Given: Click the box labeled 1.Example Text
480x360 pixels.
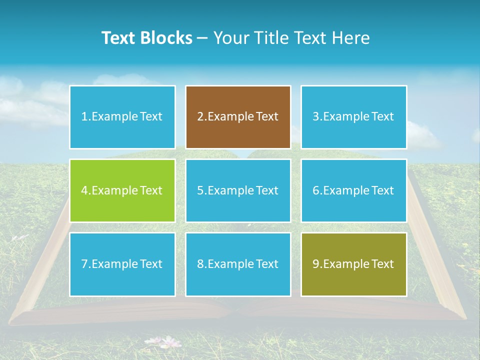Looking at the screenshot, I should [122, 117].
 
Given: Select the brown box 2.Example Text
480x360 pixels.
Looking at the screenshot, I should [238, 117].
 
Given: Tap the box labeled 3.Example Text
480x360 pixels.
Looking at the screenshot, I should [353, 117].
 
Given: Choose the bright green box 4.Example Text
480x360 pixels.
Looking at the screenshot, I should [122, 190].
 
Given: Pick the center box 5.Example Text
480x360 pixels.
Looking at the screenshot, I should [238, 190].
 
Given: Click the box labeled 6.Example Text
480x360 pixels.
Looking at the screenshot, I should [353, 190].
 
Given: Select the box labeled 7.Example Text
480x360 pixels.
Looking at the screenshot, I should [122, 264].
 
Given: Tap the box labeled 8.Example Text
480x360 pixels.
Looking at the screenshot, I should [238, 264].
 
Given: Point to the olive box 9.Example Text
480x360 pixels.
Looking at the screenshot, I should [353, 264].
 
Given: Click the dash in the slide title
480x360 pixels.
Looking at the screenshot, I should [202, 38].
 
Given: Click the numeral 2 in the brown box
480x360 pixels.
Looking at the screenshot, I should [200, 117].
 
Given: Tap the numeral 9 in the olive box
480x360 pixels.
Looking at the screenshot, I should [315, 264].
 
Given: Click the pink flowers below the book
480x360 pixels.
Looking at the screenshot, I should [170, 342].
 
